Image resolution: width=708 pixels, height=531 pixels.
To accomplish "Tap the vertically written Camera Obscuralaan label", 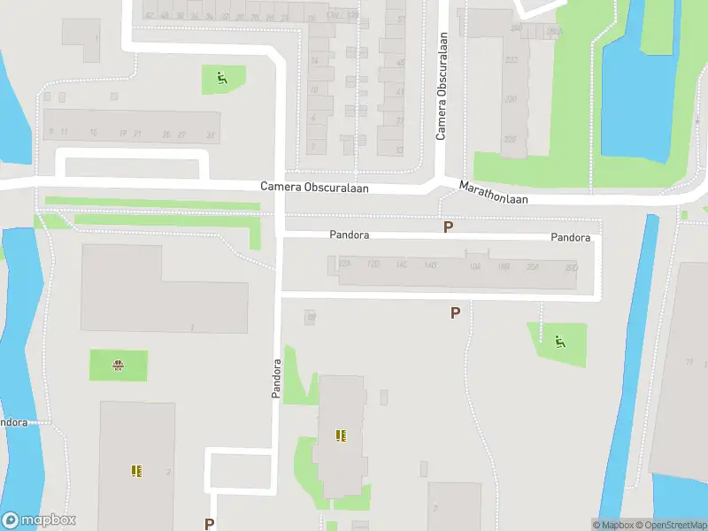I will click(x=441, y=87).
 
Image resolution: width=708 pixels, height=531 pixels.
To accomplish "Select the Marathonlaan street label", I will click(x=493, y=193).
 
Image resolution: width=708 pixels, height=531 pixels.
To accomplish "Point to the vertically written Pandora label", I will click(x=276, y=378).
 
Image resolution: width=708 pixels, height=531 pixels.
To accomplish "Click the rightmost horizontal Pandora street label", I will click(x=570, y=237).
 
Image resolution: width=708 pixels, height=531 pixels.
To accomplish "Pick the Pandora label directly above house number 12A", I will click(x=349, y=235).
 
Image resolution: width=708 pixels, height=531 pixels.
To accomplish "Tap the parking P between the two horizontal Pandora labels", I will click(x=449, y=227).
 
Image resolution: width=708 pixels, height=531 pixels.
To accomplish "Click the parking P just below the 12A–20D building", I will click(x=455, y=312).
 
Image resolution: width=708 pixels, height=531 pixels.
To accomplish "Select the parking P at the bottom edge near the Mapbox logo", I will click(x=209, y=524).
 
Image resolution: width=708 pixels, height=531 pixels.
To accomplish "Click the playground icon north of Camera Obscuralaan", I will click(x=219, y=79).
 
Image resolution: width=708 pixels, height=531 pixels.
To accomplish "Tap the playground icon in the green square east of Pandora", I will click(x=560, y=342).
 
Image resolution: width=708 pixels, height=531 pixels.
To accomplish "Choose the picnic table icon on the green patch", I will click(x=117, y=365).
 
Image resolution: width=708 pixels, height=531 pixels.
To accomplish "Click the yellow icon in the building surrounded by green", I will click(x=341, y=435).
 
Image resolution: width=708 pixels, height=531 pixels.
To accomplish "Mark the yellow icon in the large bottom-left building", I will click(x=135, y=471).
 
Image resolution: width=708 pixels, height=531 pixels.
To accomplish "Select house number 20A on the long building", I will click(x=532, y=265).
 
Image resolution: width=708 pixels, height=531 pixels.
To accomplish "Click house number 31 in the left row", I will click(x=210, y=135).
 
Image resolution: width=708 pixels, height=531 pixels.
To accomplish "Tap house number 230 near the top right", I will click(x=510, y=99).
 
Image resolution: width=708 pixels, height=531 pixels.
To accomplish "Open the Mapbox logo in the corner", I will click(x=39, y=520).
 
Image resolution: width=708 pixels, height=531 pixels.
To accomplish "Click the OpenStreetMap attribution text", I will click(x=670, y=525).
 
